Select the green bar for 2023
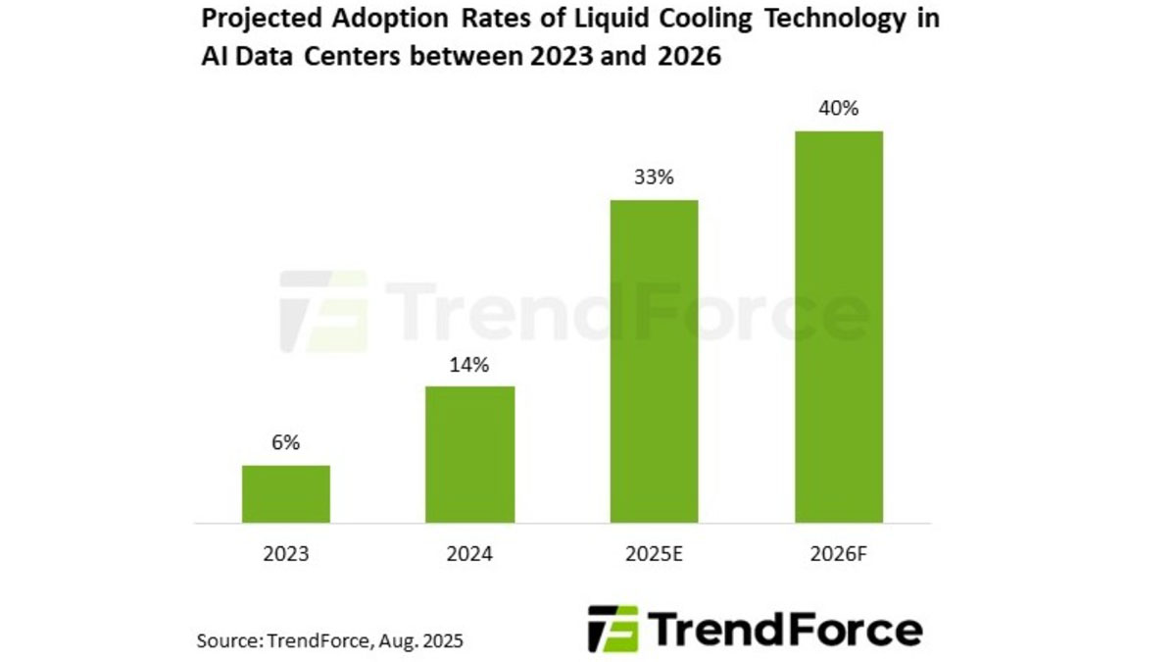pos(286,493)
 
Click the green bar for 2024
pos(470,454)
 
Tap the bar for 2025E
pos(654,361)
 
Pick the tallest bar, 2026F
pos(839,327)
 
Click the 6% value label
pos(286,443)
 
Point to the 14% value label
pos(470,365)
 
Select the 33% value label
pos(654,178)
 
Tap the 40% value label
pos(839,109)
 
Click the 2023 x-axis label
pos(286,554)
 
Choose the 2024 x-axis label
pos(470,554)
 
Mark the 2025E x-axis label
pos(654,554)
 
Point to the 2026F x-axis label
pos(839,554)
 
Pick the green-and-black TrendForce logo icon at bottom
pos(612,629)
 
